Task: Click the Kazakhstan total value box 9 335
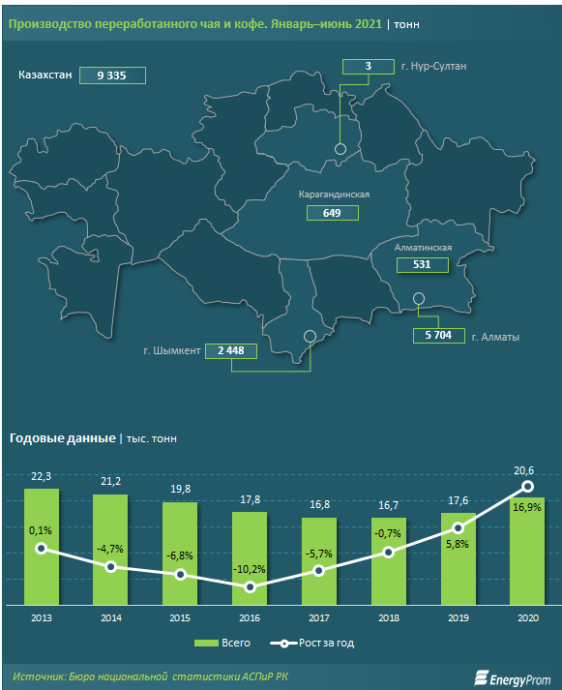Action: [x=112, y=75]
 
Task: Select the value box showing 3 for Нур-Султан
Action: [x=369, y=67]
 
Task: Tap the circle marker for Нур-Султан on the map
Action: [x=340, y=149]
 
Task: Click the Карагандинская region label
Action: [x=334, y=195]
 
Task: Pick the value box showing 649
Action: [x=333, y=213]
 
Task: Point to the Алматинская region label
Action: [x=423, y=248]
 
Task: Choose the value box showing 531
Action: [x=422, y=265]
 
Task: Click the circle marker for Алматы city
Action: [x=419, y=299]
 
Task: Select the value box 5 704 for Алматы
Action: [x=439, y=335]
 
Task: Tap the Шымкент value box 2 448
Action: [x=231, y=350]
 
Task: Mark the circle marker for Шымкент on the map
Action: [x=310, y=336]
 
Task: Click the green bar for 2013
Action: [x=42, y=547]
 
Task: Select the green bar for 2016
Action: [x=250, y=558]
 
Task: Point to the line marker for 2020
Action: [x=528, y=486]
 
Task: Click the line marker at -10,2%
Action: [x=250, y=587]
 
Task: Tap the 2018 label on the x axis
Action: [x=389, y=617]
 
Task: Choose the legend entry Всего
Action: [x=222, y=643]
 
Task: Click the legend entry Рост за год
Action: [x=312, y=643]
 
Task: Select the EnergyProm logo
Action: [x=513, y=678]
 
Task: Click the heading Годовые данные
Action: [x=63, y=438]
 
